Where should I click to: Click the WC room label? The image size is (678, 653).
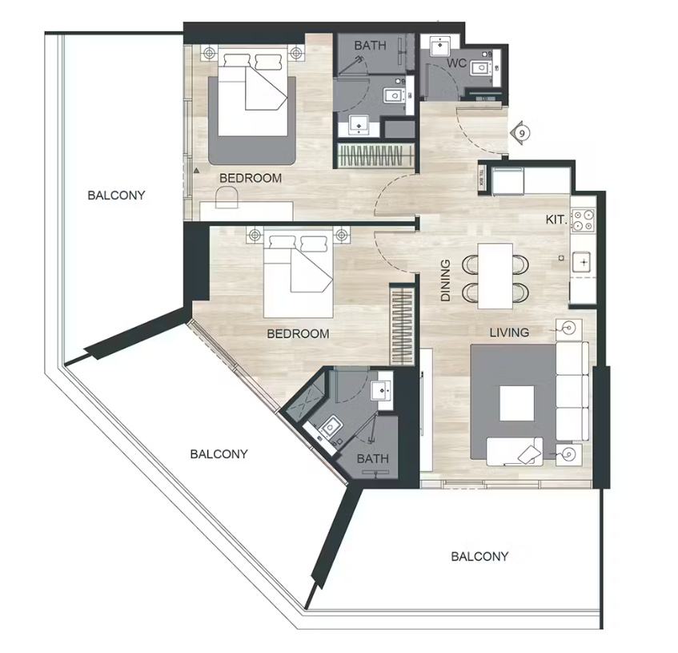pos(456,63)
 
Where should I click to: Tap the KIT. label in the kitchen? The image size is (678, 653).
pos(556,220)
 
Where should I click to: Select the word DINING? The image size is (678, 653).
pos(445,280)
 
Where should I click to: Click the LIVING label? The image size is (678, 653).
pos(509,333)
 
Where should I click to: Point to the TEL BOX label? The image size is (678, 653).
pos(481,177)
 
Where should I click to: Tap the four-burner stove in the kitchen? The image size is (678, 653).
pos(583,220)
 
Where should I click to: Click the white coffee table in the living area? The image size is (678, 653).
pos(517,403)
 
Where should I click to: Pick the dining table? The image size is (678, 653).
pos(495,276)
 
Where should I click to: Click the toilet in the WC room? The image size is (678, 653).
pos(482,68)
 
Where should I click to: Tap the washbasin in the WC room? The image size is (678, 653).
pos(440,46)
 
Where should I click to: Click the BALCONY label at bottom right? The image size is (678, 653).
pos(479,556)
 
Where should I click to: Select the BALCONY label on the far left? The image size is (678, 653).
pos(116,195)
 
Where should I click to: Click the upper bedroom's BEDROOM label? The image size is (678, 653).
pos(251,178)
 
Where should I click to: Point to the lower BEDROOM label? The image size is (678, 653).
pos(298,333)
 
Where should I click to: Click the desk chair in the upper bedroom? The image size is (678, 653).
pos(227,197)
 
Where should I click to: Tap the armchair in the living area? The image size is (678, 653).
pos(515,451)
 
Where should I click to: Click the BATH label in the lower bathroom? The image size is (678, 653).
pos(373,458)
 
